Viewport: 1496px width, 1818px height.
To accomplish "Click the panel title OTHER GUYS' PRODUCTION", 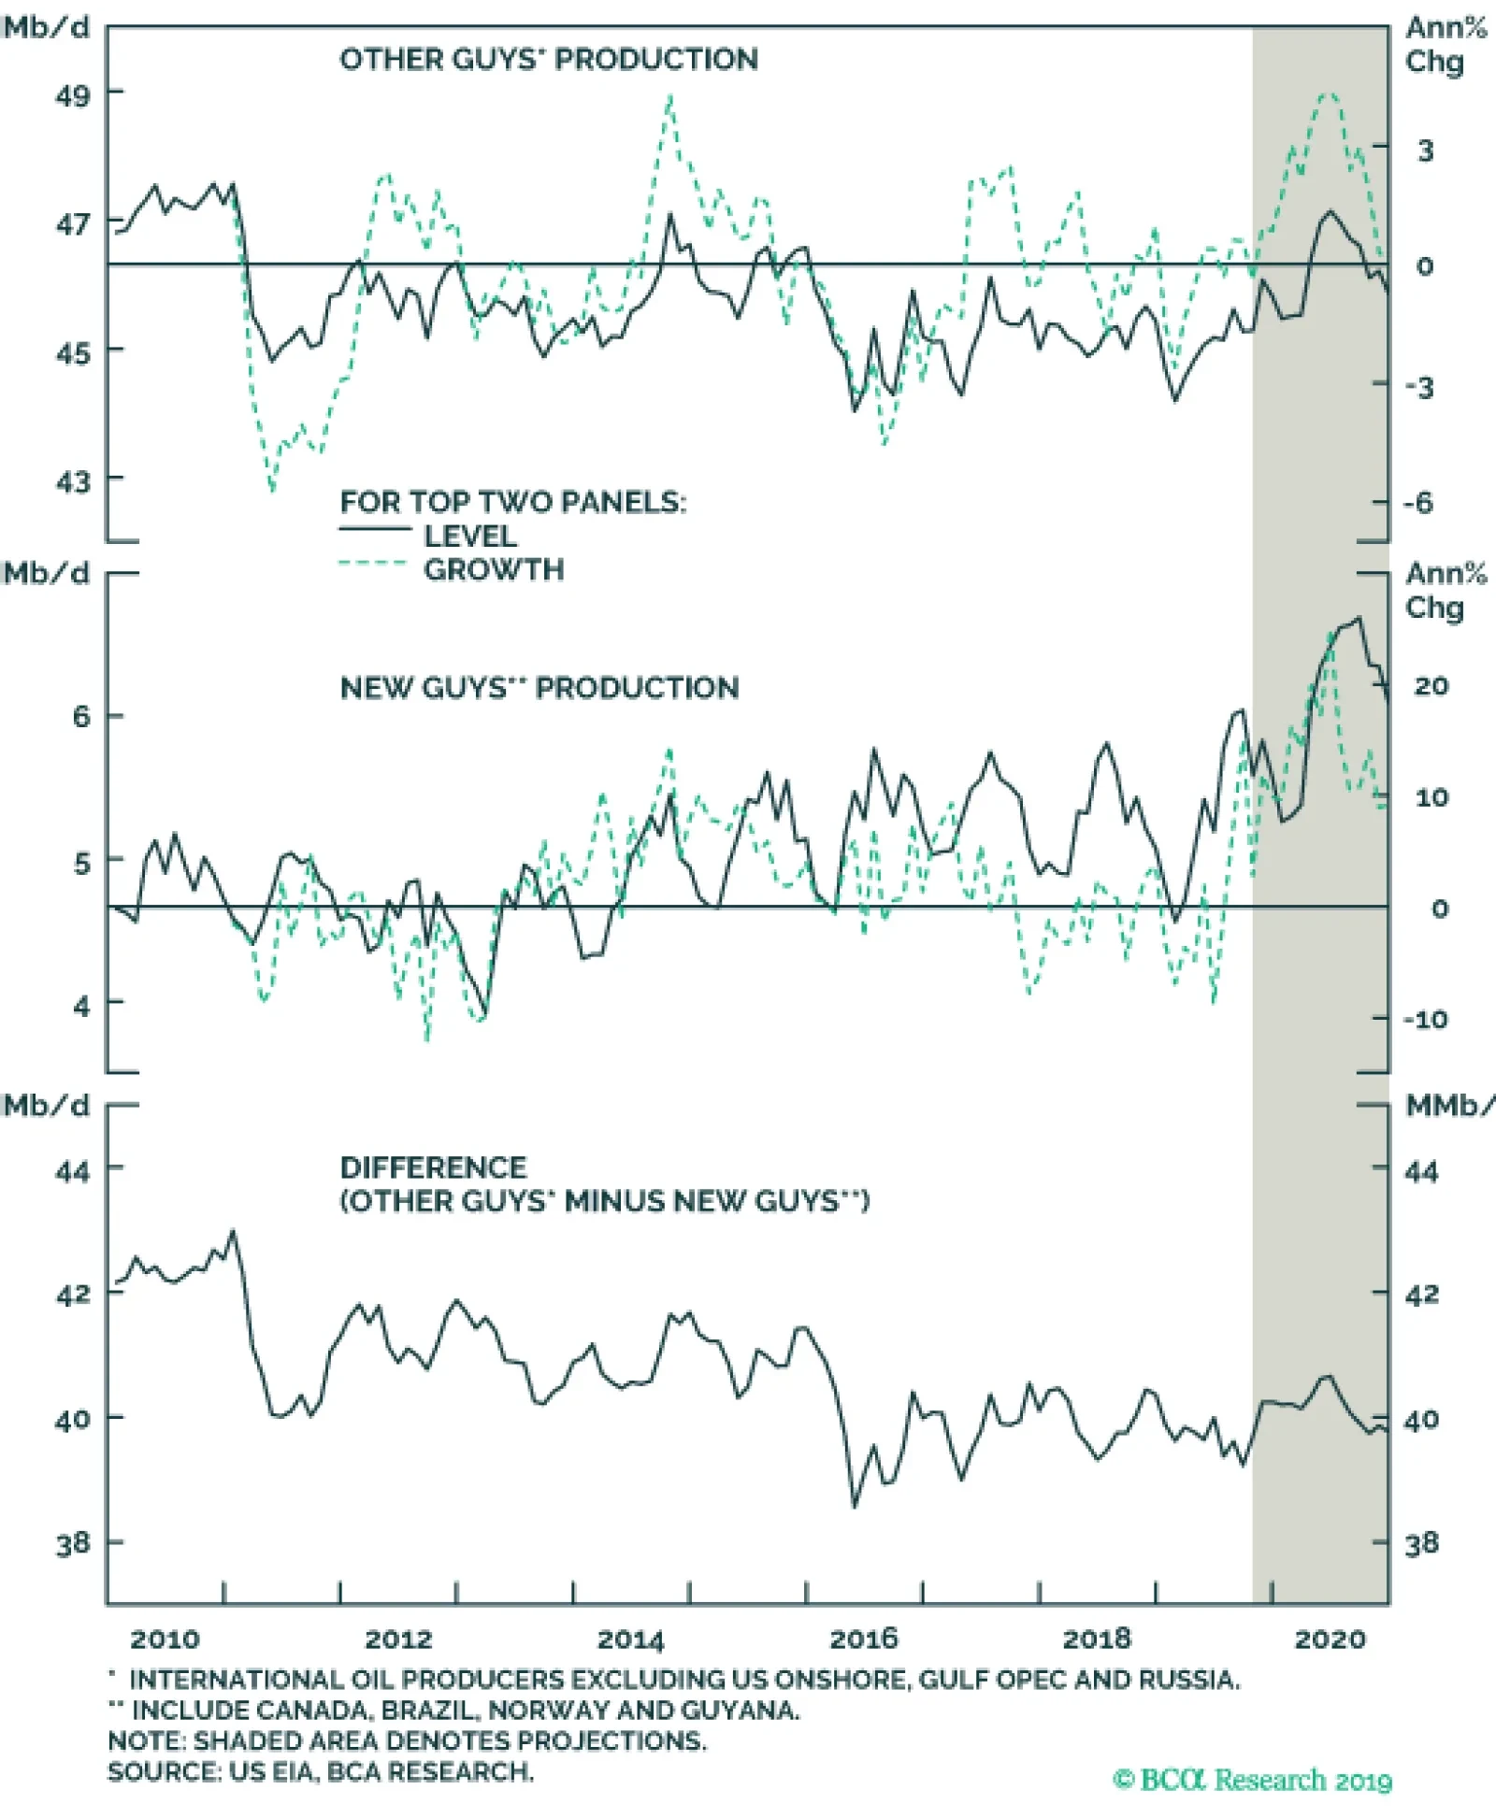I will pyautogui.click(x=548, y=60).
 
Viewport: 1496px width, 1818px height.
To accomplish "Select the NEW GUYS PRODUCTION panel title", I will pyautogui.click(x=539, y=689).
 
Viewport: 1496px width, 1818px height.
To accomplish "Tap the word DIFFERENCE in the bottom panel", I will pyautogui.click(x=433, y=1168).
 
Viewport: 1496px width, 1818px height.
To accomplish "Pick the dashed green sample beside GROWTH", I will pyautogui.click(x=373, y=565).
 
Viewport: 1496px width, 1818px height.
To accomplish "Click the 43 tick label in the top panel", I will pyautogui.click(x=74, y=482).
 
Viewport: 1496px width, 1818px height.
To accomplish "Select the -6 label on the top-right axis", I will pyautogui.click(x=1417, y=504).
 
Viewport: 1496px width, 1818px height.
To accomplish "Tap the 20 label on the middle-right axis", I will pyautogui.click(x=1431, y=686).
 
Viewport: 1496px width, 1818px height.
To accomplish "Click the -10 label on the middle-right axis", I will pyautogui.click(x=1425, y=1020).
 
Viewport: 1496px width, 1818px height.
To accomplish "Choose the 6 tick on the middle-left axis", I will pyautogui.click(x=82, y=718).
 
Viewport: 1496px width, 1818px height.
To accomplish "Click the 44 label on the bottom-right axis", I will pyautogui.click(x=1421, y=1172).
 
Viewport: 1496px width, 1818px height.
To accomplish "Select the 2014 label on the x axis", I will pyautogui.click(x=630, y=1639).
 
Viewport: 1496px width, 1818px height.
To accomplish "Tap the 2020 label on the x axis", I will pyautogui.click(x=1330, y=1639).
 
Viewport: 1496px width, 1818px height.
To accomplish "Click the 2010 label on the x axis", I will pyautogui.click(x=165, y=1639).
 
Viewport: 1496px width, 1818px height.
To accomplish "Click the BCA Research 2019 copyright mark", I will pyautogui.click(x=1252, y=1781).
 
